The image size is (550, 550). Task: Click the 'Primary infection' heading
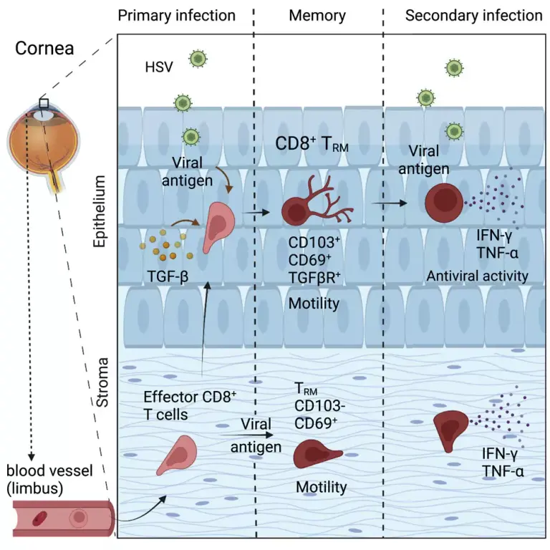pyautogui.click(x=176, y=16)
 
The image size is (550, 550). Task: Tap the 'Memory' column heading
pyautogui.click(x=317, y=16)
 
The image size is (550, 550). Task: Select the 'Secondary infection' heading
pyautogui.click(x=473, y=16)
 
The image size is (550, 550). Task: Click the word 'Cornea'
pyautogui.click(x=44, y=48)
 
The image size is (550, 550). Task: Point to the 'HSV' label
pyautogui.click(x=159, y=67)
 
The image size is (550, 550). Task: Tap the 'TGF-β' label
pyautogui.click(x=168, y=276)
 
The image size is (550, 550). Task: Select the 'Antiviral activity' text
pyautogui.click(x=477, y=276)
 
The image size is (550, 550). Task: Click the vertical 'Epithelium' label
pyautogui.click(x=100, y=211)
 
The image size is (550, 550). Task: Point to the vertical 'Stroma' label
pyautogui.click(x=102, y=382)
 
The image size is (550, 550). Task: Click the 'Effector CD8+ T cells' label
pyautogui.click(x=190, y=405)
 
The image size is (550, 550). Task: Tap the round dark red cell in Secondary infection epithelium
pyautogui.click(x=444, y=203)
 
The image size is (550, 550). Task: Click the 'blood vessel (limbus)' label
pyautogui.click(x=49, y=479)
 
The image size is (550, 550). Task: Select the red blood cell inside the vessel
pyautogui.click(x=39, y=518)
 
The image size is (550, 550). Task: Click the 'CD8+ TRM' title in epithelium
pyautogui.click(x=312, y=144)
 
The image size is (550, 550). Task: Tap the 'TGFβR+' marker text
pyautogui.click(x=314, y=277)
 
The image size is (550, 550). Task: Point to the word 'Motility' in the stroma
pyautogui.click(x=322, y=487)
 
